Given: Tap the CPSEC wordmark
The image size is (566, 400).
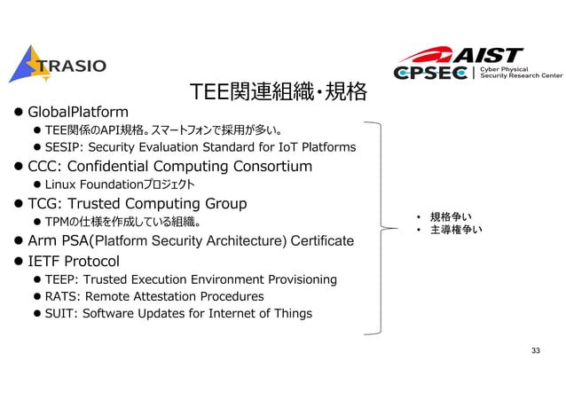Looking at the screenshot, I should click(431, 73).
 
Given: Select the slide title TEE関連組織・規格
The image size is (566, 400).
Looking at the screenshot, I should click(279, 90).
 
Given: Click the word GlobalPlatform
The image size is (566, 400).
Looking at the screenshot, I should click(78, 113).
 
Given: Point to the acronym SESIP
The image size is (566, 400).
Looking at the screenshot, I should click(62, 147).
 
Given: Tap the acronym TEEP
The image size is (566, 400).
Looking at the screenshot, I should click(61, 279).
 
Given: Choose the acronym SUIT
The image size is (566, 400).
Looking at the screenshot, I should click(60, 313).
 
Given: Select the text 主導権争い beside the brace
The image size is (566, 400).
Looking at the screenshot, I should click(456, 231).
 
